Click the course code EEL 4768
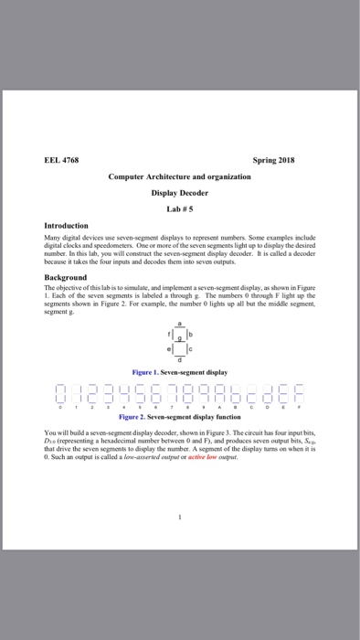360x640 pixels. click(x=62, y=159)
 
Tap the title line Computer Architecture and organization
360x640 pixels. click(x=179, y=176)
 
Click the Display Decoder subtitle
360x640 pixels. click(x=179, y=193)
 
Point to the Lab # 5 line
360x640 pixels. click(x=179, y=209)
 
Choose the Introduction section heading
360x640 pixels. click(x=67, y=225)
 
